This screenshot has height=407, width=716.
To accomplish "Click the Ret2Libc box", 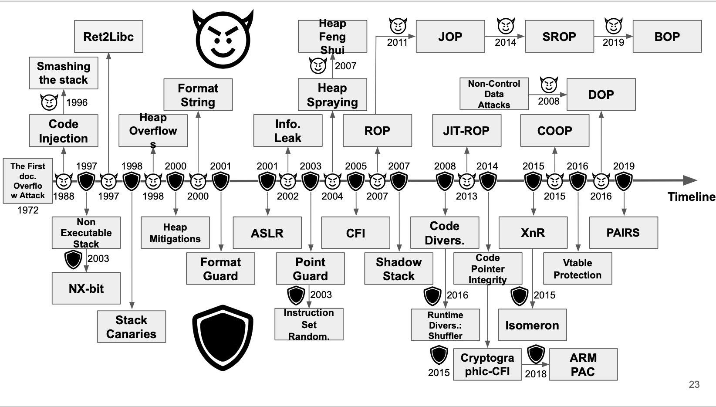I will (x=108, y=37).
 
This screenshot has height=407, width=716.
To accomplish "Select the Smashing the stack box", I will (x=64, y=73).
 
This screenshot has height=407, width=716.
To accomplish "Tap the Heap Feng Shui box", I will (x=332, y=37).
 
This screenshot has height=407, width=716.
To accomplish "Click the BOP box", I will (x=667, y=37).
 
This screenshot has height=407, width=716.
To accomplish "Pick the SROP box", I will (x=559, y=37).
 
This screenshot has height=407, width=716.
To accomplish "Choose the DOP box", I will (x=601, y=95).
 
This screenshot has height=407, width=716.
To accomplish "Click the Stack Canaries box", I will (x=131, y=327).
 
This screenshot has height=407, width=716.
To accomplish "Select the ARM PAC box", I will (x=583, y=365).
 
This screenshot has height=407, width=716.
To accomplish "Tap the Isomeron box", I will (x=532, y=325).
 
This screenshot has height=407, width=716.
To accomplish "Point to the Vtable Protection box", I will (x=578, y=269).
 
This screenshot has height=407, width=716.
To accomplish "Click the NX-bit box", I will (x=86, y=288).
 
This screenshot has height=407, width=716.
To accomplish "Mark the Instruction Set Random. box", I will (x=309, y=324).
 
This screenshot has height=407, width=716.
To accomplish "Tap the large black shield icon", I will (x=223, y=338).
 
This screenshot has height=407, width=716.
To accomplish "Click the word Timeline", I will (x=691, y=197).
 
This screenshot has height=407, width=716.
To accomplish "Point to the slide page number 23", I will (x=694, y=384).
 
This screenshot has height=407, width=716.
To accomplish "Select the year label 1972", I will (x=28, y=210).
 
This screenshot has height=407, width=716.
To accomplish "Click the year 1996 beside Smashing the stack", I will (x=77, y=102).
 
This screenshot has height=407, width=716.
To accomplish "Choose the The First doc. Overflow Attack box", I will (x=28, y=180).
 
